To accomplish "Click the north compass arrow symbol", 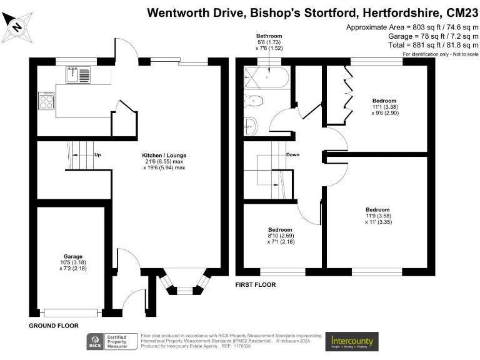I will pos(17,25).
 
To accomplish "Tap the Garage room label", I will pos(68,257).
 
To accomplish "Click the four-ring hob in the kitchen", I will pos(47,101).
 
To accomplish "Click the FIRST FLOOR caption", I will pos(255,285).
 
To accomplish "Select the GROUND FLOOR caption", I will pos(53,326).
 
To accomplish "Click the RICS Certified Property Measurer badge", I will pos(112,341).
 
